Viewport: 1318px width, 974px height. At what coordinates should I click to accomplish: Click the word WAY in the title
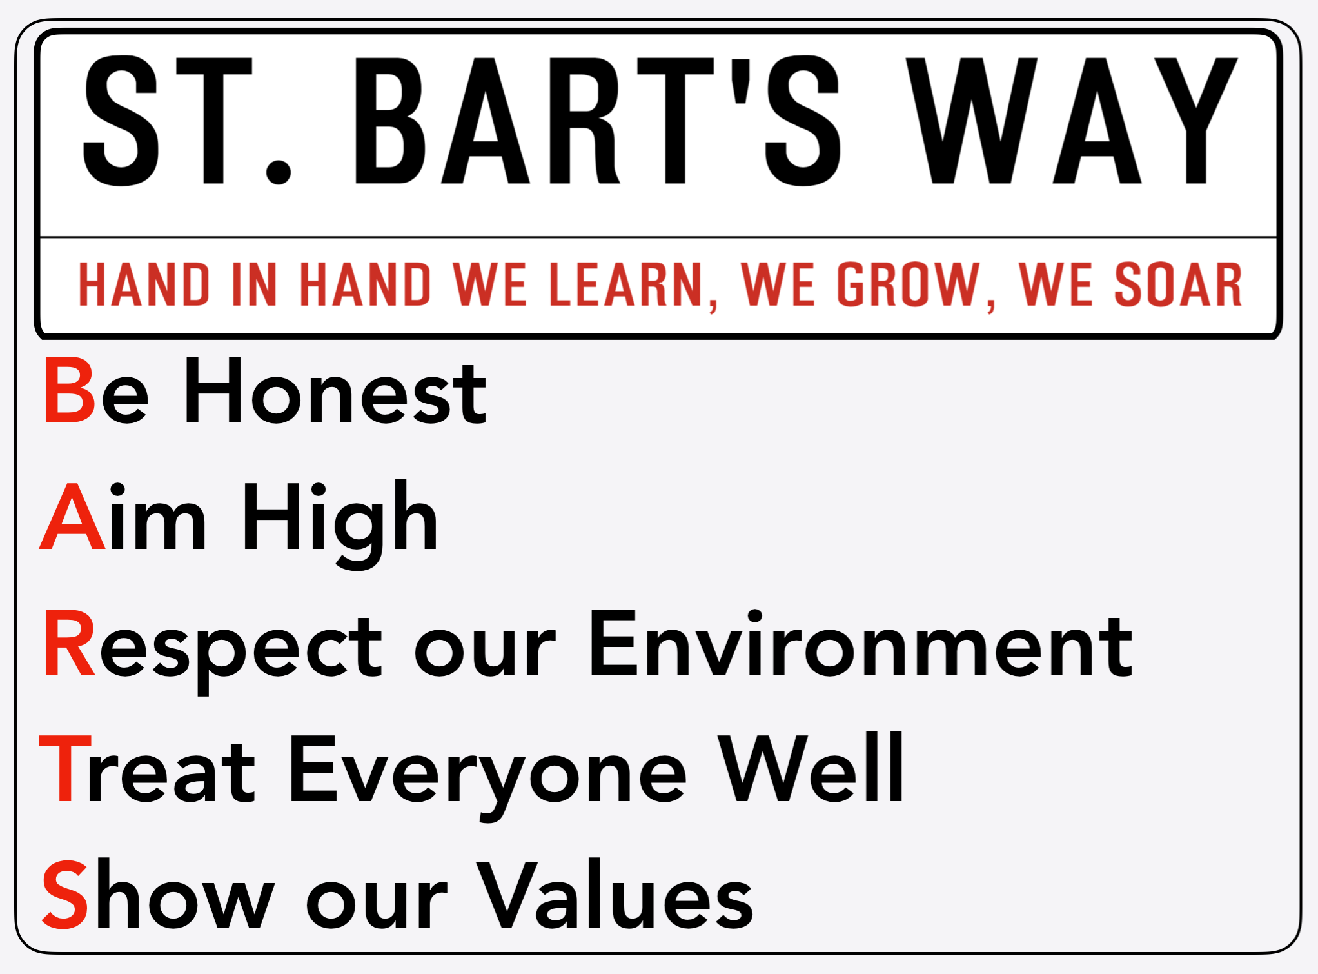coord(1071,121)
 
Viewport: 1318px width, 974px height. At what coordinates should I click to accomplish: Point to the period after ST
coord(278,171)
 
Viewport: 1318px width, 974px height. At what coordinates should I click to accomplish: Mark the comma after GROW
coord(990,304)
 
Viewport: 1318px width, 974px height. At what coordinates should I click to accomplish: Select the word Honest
coord(335,391)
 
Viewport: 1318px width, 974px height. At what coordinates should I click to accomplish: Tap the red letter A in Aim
coord(72,515)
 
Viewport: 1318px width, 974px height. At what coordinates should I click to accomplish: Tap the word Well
coord(811,767)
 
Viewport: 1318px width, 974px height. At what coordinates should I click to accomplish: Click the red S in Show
coord(64,894)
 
